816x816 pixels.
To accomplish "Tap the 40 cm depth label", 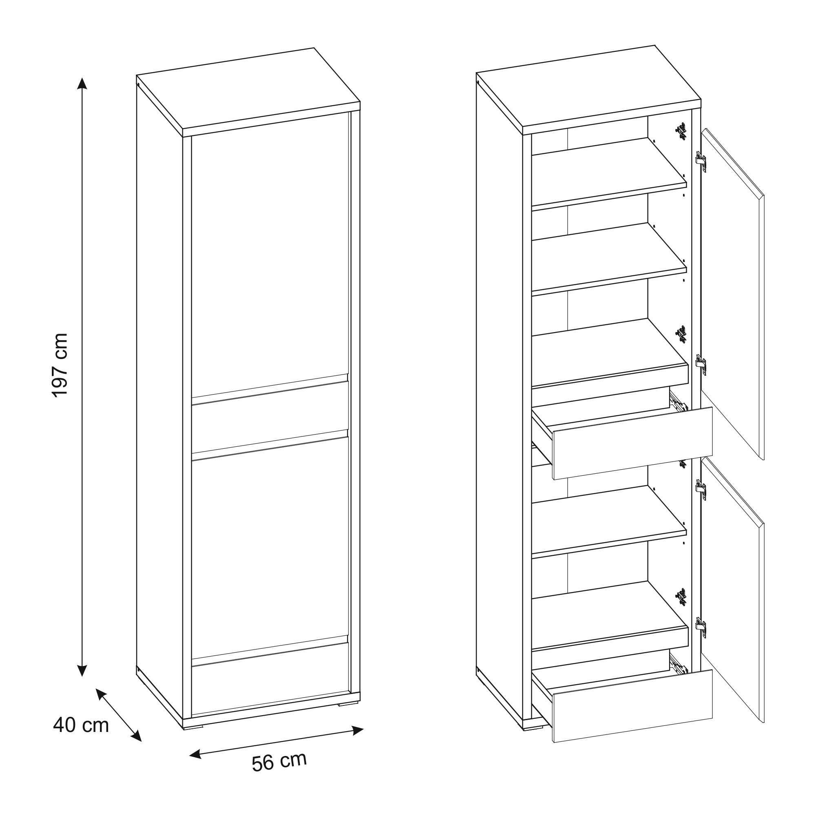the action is point(81,725).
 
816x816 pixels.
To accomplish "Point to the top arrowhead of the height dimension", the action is point(82,83).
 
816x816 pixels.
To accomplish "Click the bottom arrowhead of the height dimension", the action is point(82,670).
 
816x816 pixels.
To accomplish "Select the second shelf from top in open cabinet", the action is point(609,258).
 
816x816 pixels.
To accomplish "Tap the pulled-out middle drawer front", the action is point(633,443).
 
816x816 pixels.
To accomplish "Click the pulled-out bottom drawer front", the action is point(633,706).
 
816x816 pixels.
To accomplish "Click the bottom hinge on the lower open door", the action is point(700,628).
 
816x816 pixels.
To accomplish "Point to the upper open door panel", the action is point(732,293).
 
